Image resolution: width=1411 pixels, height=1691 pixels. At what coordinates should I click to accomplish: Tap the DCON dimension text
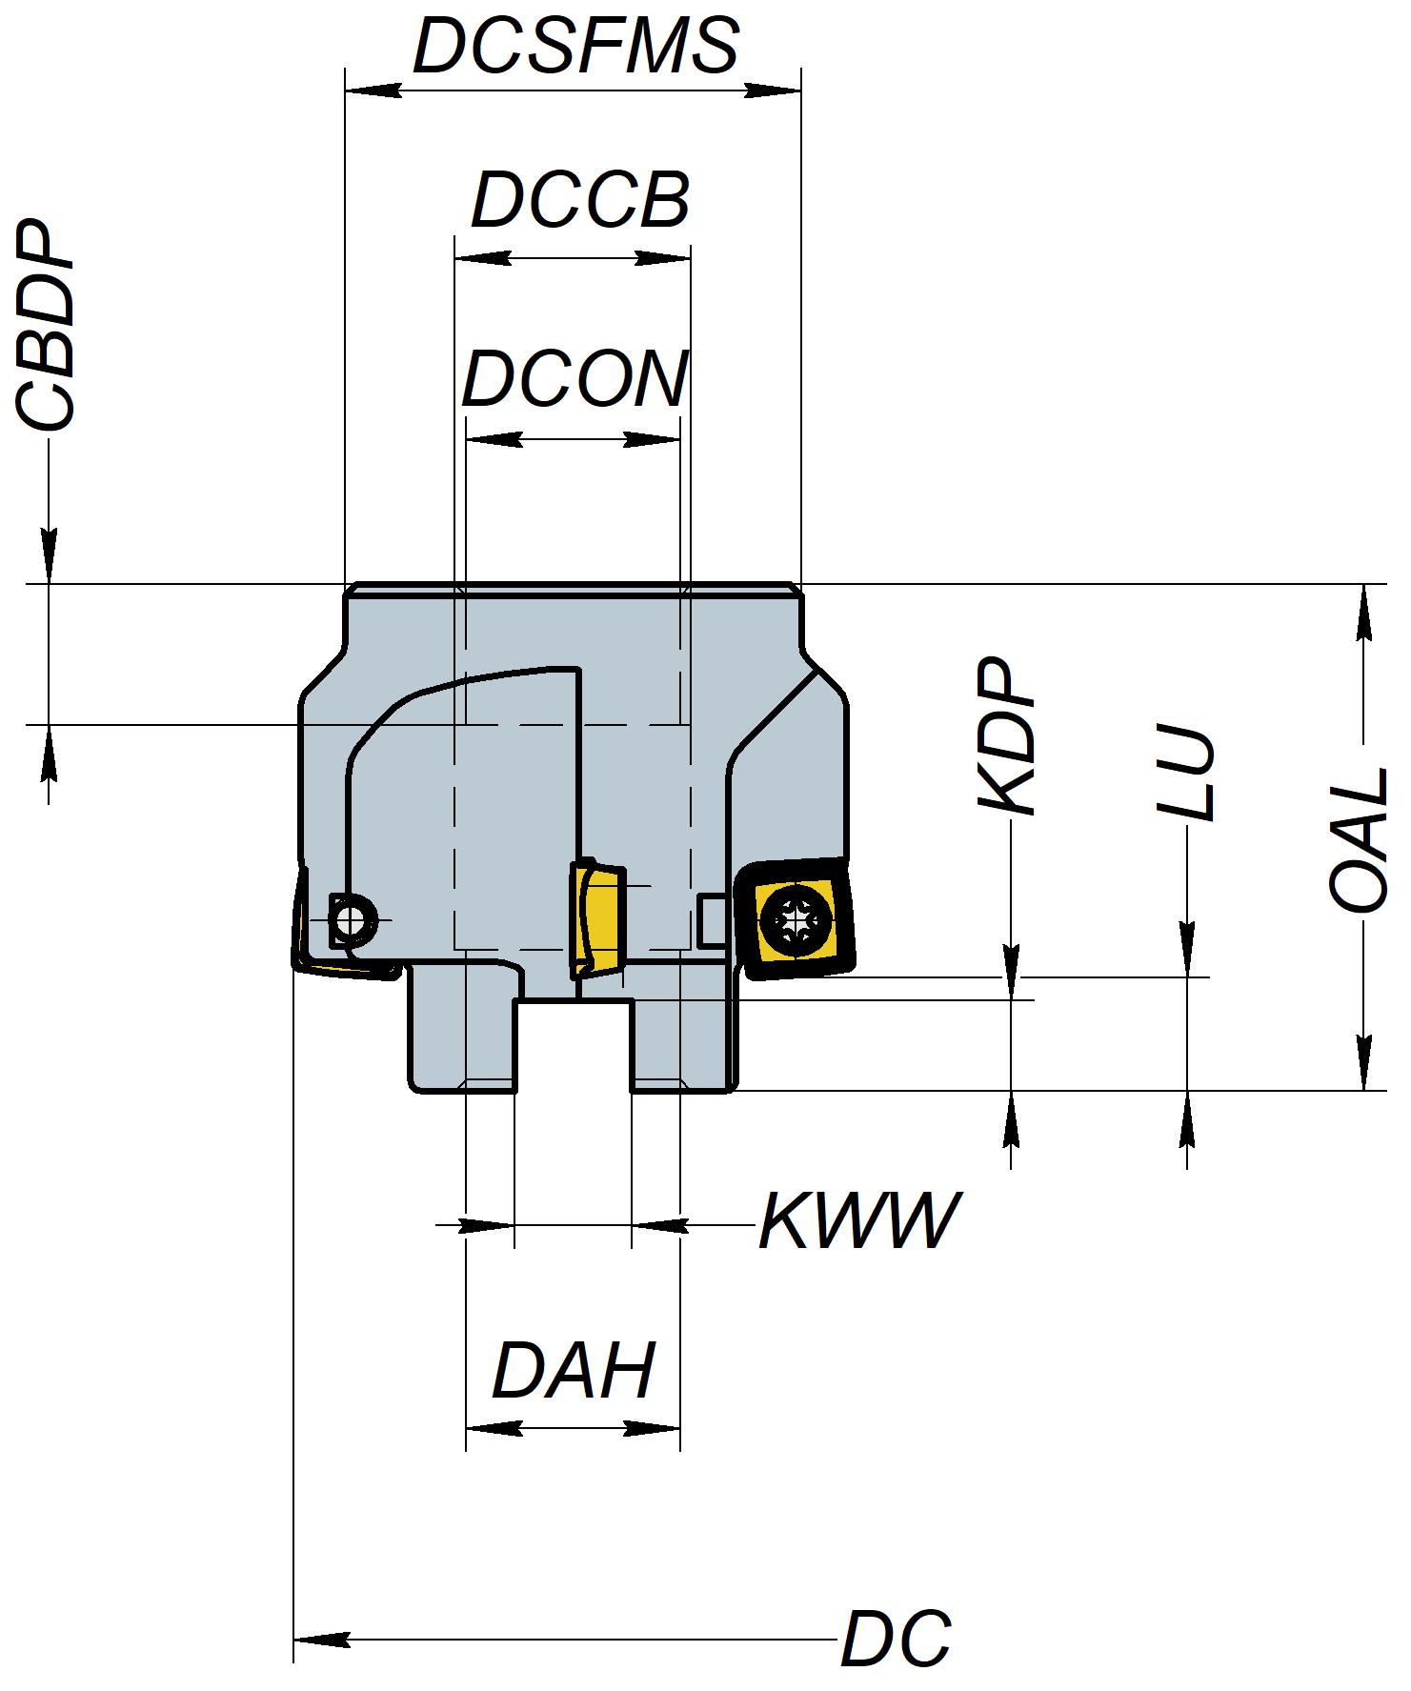[574, 379]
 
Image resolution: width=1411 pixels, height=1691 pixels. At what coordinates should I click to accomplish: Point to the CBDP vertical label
[45, 327]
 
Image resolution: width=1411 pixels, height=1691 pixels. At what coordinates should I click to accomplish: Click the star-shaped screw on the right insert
[795, 919]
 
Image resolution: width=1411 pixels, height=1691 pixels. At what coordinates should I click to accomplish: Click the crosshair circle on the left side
[352, 921]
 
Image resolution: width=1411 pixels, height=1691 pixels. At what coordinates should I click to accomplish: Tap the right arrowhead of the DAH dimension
[655, 1429]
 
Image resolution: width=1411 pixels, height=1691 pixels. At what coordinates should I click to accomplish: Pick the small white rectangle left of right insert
[711, 921]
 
